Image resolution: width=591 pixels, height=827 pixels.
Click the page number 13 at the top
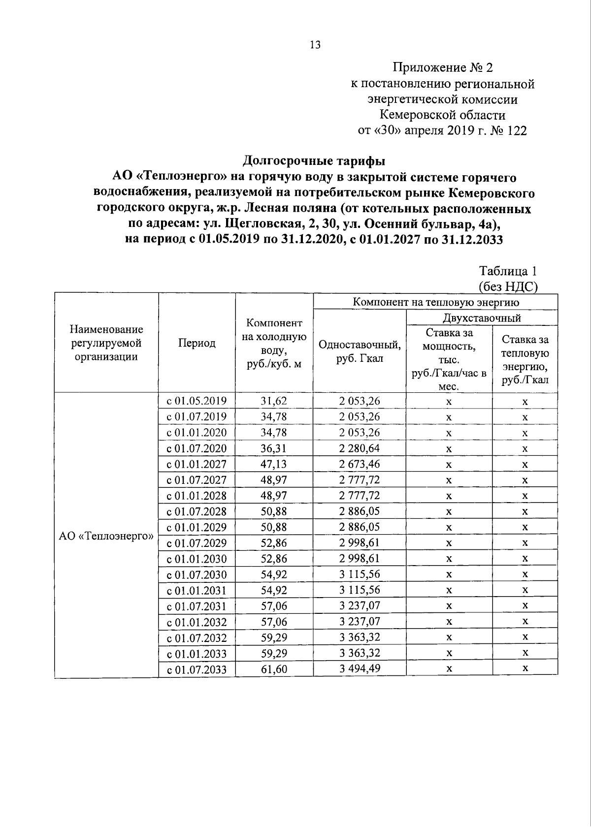point(315,45)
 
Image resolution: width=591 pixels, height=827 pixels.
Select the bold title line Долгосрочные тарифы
point(315,160)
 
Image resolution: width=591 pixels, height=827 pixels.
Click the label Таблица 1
point(507,271)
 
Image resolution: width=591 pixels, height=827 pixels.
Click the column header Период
point(197,343)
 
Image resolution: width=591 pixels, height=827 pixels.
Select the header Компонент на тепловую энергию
point(435,302)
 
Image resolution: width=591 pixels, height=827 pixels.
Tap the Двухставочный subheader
point(481,318)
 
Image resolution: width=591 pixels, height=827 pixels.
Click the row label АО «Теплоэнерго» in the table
point(106,536)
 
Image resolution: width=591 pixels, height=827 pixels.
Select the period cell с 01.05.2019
point(197,401)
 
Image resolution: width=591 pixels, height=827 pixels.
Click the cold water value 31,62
point(274,401)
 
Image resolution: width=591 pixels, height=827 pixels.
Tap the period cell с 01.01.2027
point(197,464)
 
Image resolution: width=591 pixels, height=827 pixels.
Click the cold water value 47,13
point(274,464)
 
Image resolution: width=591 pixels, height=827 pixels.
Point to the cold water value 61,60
point(274,669)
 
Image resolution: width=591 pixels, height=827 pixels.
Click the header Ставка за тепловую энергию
point(525,359)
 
